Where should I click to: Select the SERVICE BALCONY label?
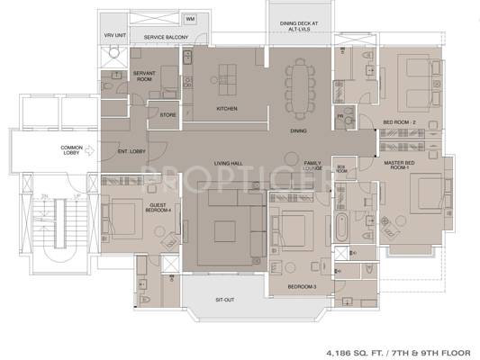pyautogui.click(x=158, y=37)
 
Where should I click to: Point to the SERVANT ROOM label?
pyautogui.click(x=145, y=75)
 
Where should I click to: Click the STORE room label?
pyautogui.click(x=168, y=114)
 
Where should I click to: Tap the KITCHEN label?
pyautogui.click(x=226, y=110)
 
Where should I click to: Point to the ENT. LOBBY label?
pyautogui.click(x=131, y=151)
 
